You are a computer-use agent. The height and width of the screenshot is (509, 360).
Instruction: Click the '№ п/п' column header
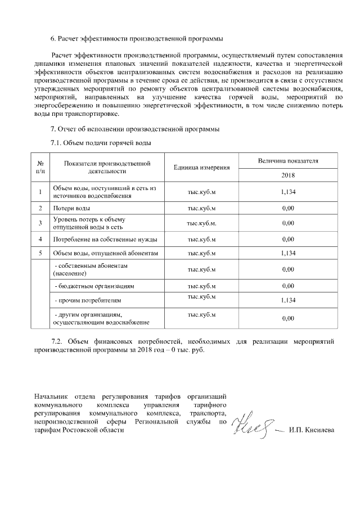40,167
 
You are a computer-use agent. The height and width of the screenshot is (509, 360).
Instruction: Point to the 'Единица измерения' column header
201,168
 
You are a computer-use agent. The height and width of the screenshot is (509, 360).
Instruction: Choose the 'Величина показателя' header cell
288,160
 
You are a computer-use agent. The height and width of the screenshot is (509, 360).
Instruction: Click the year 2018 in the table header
288,175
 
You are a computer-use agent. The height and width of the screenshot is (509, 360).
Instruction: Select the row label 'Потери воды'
68,208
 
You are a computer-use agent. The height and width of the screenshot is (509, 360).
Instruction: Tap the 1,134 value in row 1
288,192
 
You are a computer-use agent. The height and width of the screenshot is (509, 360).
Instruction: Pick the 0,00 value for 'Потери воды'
288,208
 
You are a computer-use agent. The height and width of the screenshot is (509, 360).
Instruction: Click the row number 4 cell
40,239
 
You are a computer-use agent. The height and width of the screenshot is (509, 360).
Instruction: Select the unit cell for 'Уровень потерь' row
201,223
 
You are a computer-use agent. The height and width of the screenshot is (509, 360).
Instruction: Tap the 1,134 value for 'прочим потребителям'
288,301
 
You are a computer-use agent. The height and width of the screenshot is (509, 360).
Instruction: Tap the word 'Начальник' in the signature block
49,396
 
